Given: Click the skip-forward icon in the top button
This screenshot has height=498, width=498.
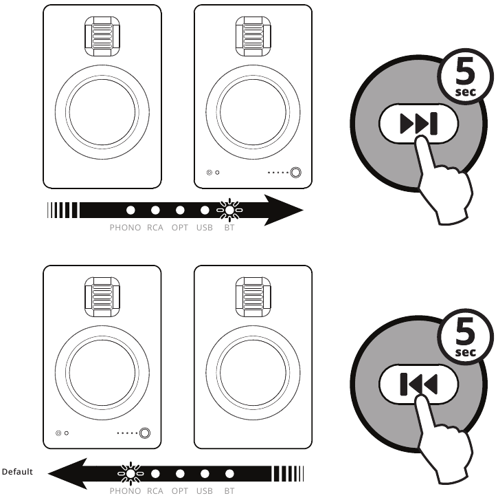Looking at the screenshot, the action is [x=419, y=123].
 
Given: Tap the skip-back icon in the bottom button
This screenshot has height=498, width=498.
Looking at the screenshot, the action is [x=419, y=384].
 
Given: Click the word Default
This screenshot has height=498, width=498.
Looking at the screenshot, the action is [x=17, y=471].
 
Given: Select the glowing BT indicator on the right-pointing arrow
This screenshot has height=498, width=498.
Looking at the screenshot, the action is [x=229, y=210].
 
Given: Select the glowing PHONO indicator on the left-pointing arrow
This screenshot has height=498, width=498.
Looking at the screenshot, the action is [x=131, y=473].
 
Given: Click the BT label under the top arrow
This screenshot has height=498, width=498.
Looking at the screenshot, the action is [x=229, y=228].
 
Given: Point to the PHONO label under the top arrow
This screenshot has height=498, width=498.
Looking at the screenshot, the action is [x=125, y=228].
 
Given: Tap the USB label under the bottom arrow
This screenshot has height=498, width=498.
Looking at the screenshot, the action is [x=205, y=491].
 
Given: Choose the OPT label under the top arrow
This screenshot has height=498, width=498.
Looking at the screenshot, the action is [x=180, y=228].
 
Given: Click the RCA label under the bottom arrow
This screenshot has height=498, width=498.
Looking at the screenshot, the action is [x=155, y=491].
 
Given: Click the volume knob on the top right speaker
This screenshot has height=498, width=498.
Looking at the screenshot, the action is [x=295, y=173].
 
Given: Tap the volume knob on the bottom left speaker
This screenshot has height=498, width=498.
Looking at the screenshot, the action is [x=145, y=433].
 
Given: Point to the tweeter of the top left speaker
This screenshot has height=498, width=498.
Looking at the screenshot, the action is [x=102, y=36].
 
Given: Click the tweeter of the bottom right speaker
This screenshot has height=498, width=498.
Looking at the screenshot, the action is [x=253, y=297].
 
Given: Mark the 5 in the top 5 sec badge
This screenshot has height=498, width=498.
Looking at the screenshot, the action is [x=465, y=72].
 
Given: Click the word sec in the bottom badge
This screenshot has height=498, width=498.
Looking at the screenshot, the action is [x=466, y=352].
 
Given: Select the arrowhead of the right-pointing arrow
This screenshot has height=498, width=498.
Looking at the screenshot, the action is [x=284, y=210].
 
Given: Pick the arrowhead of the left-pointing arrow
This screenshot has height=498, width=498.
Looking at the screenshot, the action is [x=67, y=473].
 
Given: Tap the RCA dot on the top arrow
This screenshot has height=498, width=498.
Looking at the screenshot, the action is [x=155, y=210].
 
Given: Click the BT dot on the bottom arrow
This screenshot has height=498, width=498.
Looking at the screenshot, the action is [x=229, y=474].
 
